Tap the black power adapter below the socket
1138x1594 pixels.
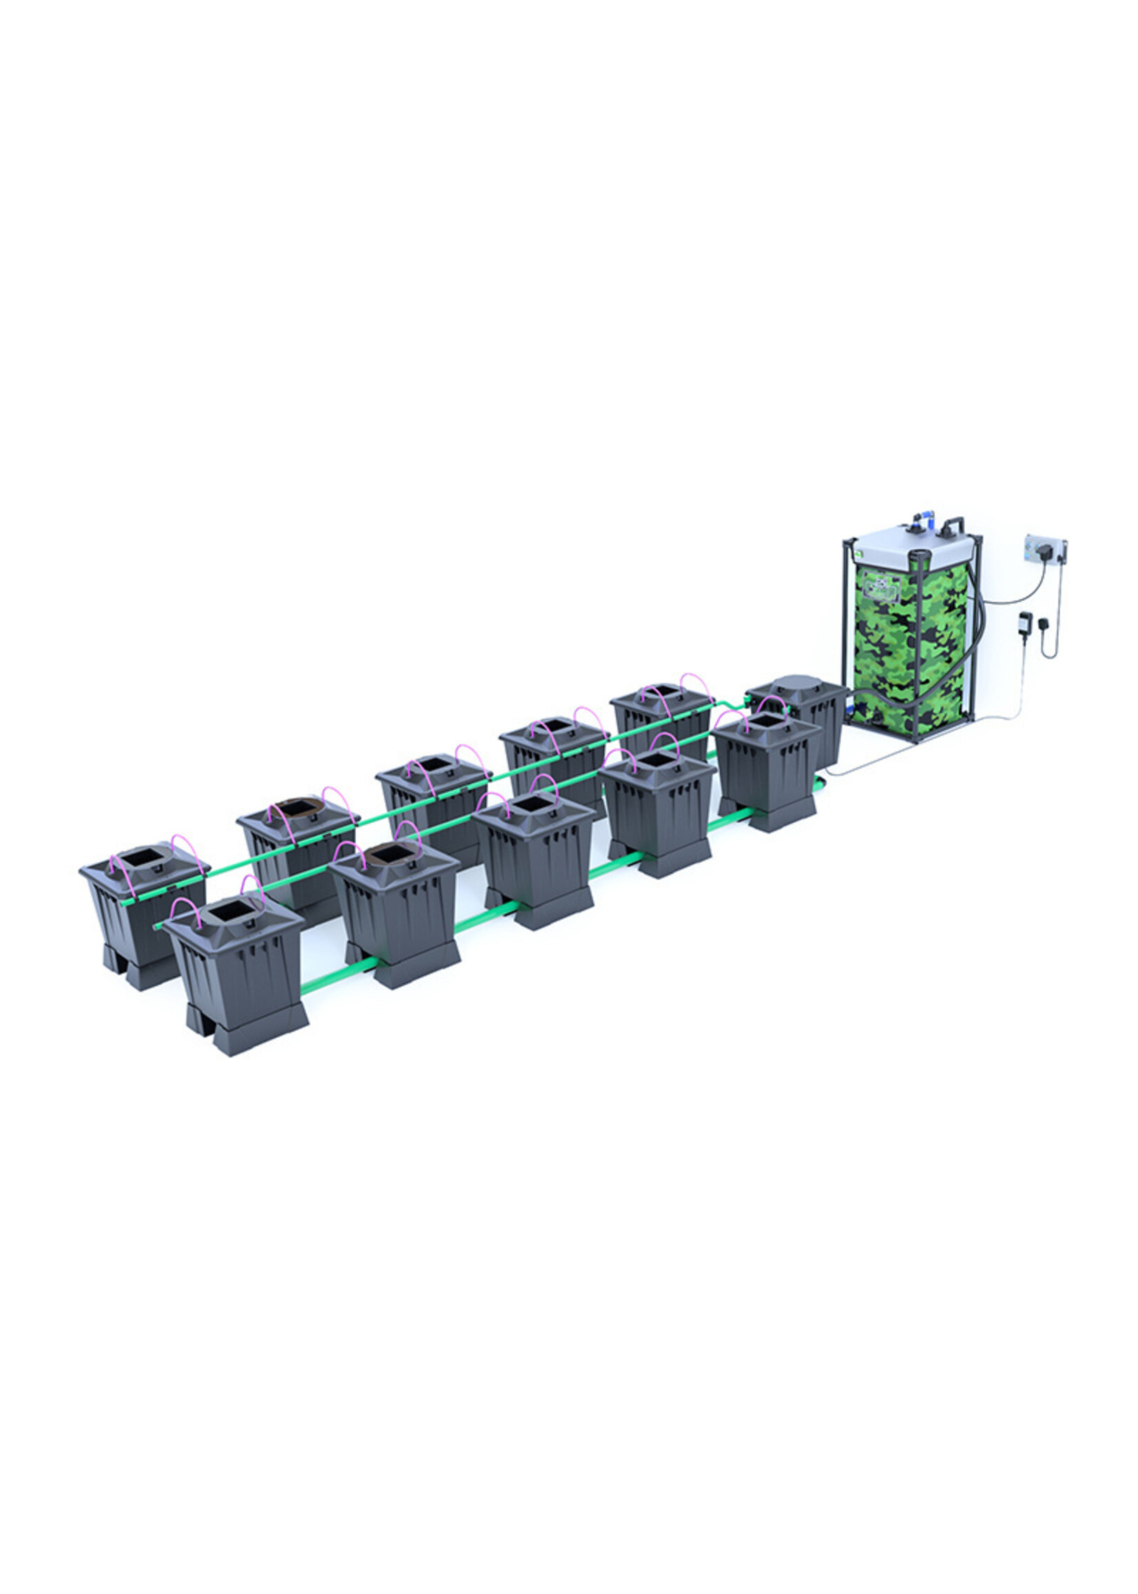click(x=1025, y=622)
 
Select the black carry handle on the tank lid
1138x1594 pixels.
click(x=955, y=524)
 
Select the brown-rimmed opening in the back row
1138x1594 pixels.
click(x=296, y=808)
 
